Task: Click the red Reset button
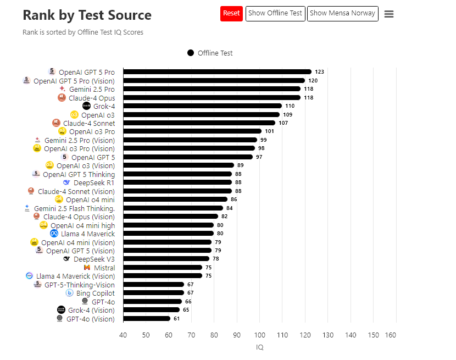pos(231,13)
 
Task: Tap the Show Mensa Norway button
pos(342,13)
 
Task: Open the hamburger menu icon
pos(389,14)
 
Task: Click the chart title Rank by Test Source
pos(87,15)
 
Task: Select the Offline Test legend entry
pos(210,53)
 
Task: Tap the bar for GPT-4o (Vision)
pos(147,319)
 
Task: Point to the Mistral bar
pos(163,268)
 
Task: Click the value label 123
pos(319,72)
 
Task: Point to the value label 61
pos(177,319)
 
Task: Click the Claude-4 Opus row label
pos(92,98)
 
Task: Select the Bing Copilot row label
pos(96,293)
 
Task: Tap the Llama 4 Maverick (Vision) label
pos(75,276)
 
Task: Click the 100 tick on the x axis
pos(259,335)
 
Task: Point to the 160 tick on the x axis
pos(391,335)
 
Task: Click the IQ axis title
pos(259,347)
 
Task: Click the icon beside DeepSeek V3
pos(66,259)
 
